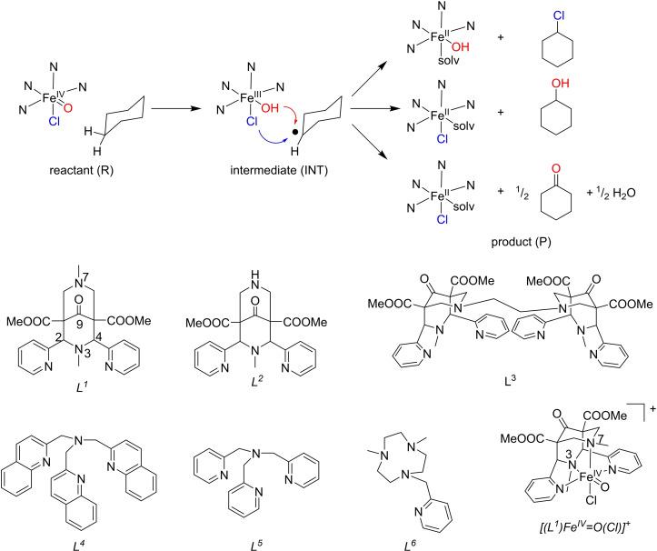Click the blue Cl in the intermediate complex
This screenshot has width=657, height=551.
[x=232, y=115]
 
